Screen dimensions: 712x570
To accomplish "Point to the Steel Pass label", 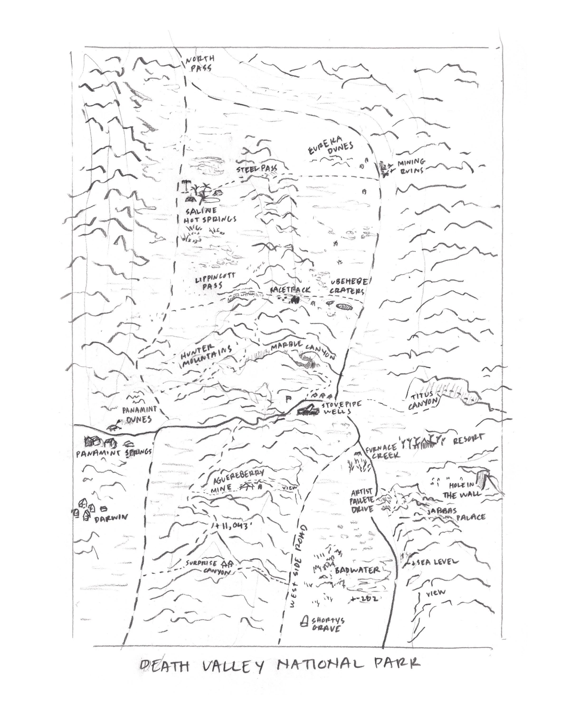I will point(257,169).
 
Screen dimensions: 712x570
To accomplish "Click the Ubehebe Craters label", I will point(348,286).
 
